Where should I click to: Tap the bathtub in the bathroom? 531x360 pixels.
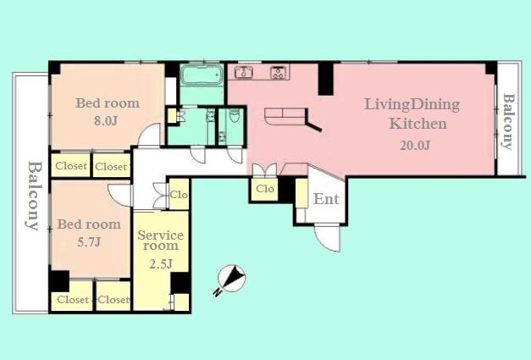(x=202, y=78)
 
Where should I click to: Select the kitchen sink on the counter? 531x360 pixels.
(x=246, y=73)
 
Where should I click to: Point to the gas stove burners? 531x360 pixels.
(x=279, y=73)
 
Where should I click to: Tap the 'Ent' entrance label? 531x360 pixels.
(x=326, y=200)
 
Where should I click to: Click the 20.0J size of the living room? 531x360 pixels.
(x=415, y=144)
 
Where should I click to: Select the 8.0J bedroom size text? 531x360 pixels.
(x=105, y=120)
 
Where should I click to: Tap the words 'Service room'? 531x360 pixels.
(x=159, y=239)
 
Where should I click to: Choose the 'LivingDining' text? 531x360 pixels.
(x=412, y=105)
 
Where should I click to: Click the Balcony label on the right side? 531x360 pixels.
(x=508, y=121)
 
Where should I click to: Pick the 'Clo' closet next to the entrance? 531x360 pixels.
(x=265, y=189)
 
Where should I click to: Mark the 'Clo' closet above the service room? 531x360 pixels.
(x=179, y=194)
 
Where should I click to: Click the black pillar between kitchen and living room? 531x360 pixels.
(x=326, y=79)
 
